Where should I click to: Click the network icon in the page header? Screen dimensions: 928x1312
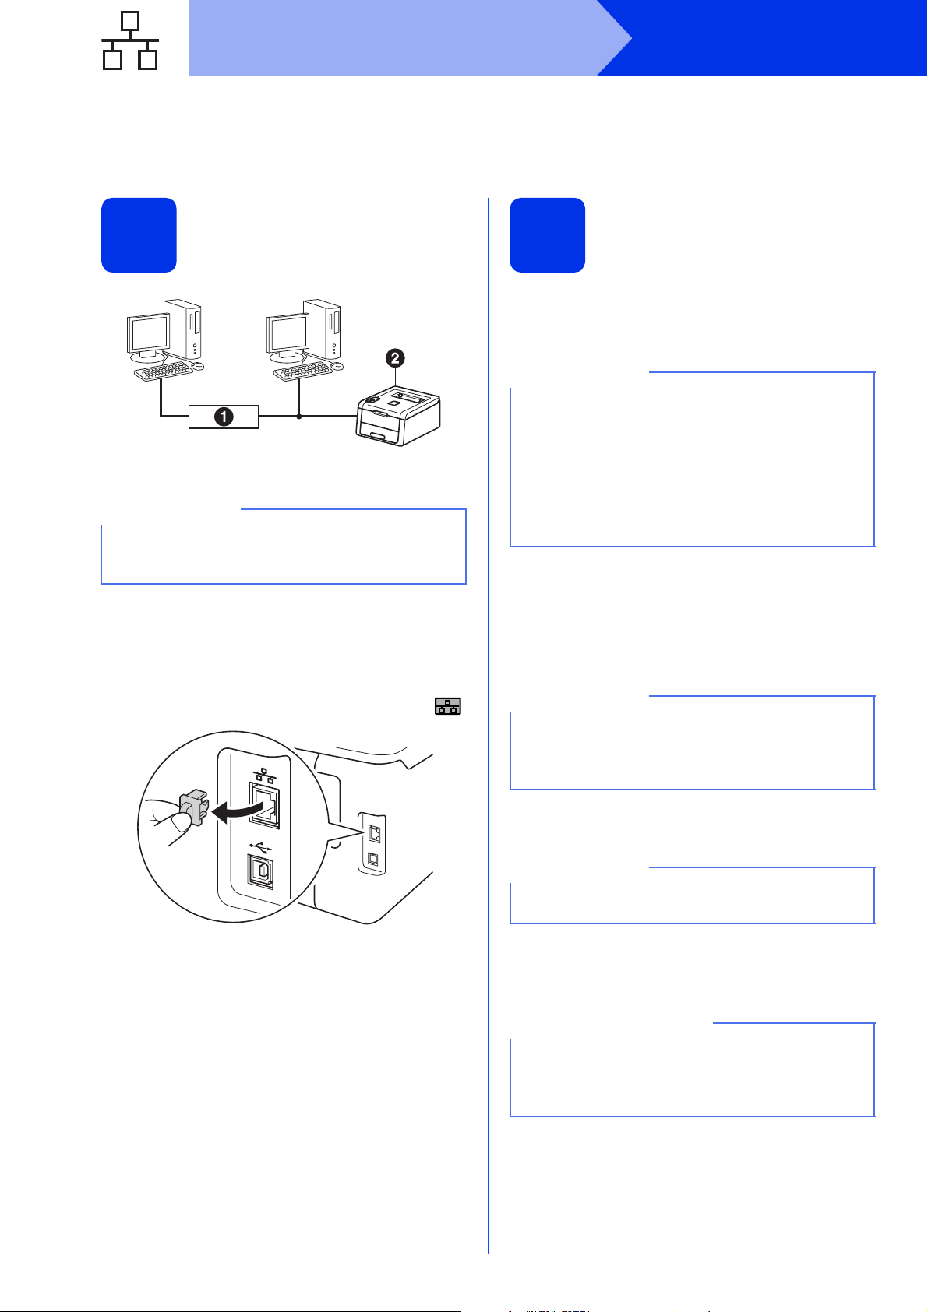[130, 40]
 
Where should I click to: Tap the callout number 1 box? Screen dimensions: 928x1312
[224, 417]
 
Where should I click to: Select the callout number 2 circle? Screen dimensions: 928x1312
[395, 358]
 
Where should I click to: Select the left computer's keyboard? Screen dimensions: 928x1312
[163, 371]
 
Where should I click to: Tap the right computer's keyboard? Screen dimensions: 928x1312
[302, 371]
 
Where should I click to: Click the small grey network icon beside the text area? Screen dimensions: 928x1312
[448, 706]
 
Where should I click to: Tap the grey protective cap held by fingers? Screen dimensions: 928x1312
[193, 807]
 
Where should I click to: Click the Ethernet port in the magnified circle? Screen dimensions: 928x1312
[264, 805]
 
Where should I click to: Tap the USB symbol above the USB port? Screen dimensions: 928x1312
[261, 846]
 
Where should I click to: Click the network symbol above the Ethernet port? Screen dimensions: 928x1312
[265, 775]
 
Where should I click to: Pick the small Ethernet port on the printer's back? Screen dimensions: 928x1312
[374, 834]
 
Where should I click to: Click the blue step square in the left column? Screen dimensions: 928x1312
[139, 235]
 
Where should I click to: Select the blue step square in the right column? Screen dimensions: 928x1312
[548, 235]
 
